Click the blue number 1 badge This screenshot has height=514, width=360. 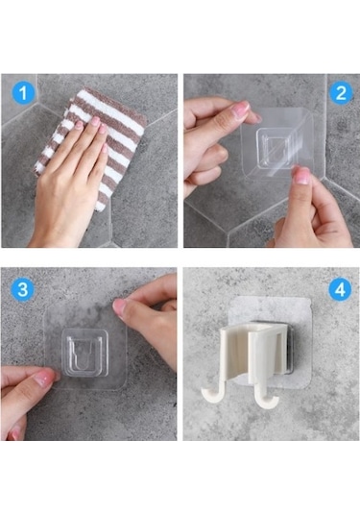(x=25, y=93)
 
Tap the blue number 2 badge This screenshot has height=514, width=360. (x=338, y=93)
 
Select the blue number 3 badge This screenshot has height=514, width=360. (x=25, y=288)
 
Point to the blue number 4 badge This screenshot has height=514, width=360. (x=338, y=288)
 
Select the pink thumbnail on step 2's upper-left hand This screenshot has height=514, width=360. (x=240, y=110)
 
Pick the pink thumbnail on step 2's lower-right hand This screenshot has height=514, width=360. (x=302, y=176)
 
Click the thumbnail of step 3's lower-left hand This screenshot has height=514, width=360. (x=43, y=379)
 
